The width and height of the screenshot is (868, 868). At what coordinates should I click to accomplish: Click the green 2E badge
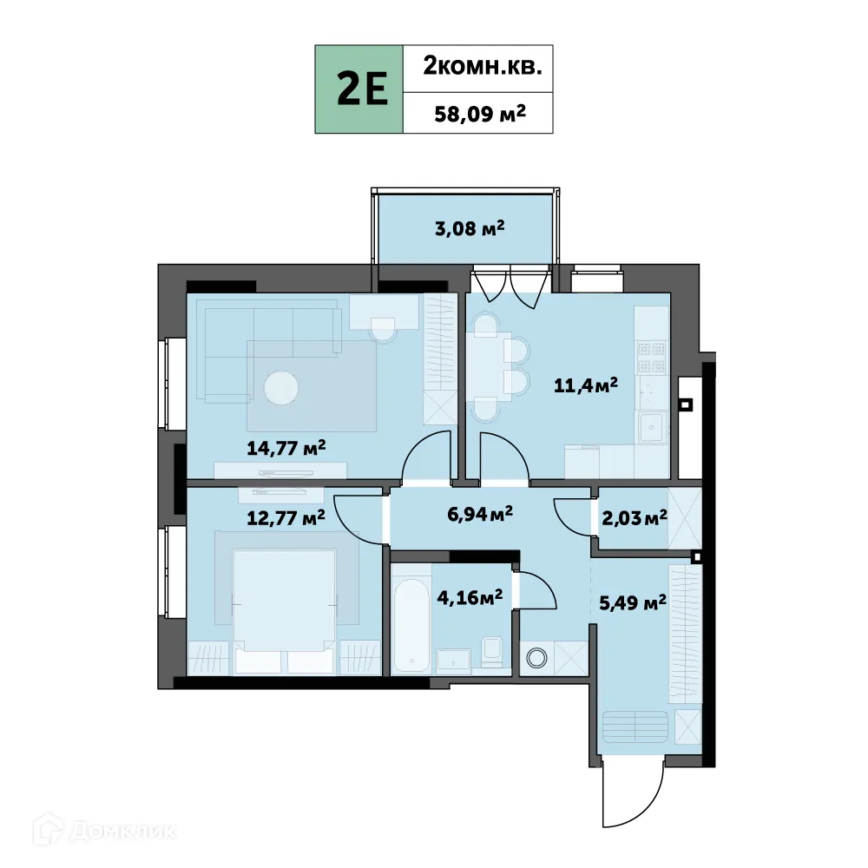pyautogui.click(x=359, y=89)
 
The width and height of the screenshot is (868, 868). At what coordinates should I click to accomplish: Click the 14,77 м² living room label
pyautogui.click(x=286, y=448)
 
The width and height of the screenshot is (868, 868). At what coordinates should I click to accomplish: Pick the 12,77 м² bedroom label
pyautogui.click(x=286, y=517)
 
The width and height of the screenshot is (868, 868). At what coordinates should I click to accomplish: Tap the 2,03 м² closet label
pyautogui.click(x=634, y=517)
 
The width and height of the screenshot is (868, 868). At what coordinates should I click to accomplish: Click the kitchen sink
pyautogui.click(x=651, y=427)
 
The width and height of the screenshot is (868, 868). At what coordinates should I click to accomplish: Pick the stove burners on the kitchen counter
pyautogui.click(x=651, y=357)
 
